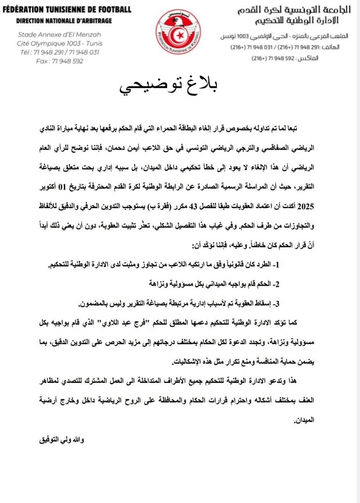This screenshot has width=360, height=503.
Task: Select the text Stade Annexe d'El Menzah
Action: point(61,35)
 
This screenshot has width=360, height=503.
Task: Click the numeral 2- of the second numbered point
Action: point(275,283)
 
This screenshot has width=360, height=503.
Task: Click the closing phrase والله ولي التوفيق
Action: point(61,440)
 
